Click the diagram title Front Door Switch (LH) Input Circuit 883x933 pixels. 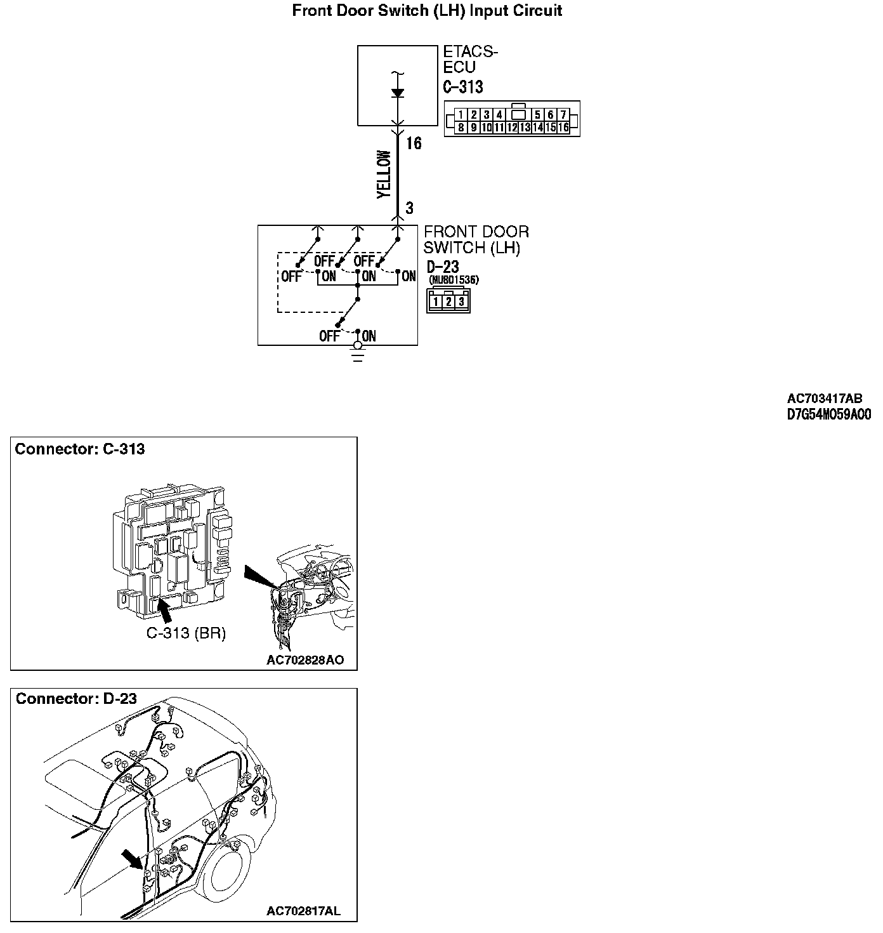coord(427,11)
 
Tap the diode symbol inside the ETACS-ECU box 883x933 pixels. coord(398,93)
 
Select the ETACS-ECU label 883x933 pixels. coord(470,59)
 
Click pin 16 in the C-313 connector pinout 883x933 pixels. coord(563,128)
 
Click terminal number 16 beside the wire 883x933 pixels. coord(414,143)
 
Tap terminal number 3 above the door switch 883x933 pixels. coord(410,208)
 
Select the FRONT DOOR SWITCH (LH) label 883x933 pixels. coord(476,240)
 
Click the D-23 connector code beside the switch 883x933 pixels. coord(443,267)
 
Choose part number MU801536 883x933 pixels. coord(454,280)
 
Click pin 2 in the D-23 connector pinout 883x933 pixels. coord(448,302)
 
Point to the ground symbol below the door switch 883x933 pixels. coord(358,352)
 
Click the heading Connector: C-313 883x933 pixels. coord(80,449)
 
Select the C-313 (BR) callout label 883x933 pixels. coord(186,633)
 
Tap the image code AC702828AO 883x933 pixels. coord(305,660)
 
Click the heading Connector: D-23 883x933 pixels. coord(76,699)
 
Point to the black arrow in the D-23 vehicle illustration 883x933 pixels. coord(133,859)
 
